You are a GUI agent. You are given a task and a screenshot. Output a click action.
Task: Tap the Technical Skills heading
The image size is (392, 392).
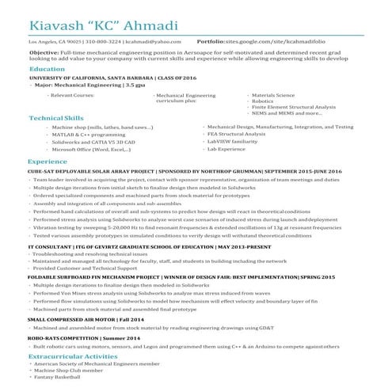(x=56, y=118)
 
